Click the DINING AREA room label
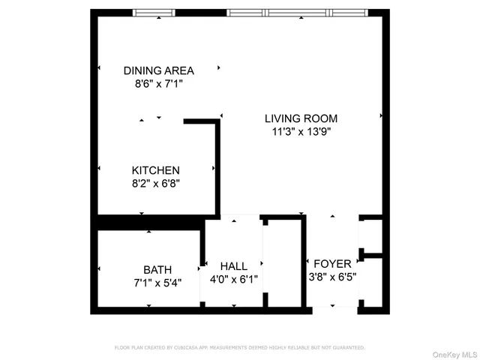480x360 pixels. pos(158,70)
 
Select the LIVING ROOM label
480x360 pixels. pos(301,118)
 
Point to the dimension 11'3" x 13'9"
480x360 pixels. pos(301,132)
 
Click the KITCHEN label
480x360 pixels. pos(156,170)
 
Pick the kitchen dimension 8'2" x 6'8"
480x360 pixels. pos(156,183)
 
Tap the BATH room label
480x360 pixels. pos(157,269)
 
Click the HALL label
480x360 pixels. pos(233,266)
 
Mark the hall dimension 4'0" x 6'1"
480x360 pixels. pos(233,279)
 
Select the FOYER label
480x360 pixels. pos(332,263)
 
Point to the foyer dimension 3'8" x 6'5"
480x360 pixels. pos(332,276)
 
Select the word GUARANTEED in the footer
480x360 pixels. pos(347,348)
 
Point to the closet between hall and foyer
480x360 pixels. pos(284,262)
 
